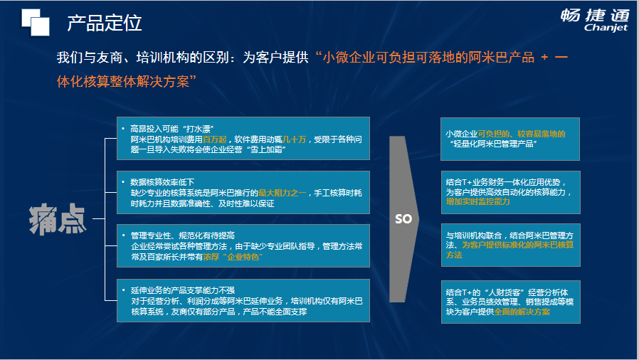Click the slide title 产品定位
click(x=105, y=23)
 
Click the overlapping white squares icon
click(x=36, y=22)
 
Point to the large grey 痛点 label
click(x=58, y=219)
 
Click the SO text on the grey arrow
click(x=403, y=219)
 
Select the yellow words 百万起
click(x=214, y=139)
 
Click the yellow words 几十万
click(x=294, y=139)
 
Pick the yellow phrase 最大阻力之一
click(x=282, y=193)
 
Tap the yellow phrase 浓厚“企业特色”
click(x=233, y=257)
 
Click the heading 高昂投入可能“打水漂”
click(x=172, y=129)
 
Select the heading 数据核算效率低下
click(x=162, y=182)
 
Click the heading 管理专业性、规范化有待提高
click(x=183, y=235)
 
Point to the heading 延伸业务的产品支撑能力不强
click(x=183, y=290)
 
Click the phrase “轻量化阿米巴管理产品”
click(x=493, y=144)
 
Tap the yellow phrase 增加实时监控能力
click(x=477, y=201)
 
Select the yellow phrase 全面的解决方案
click(x=522, y=312)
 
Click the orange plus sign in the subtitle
click(x=544, y=57)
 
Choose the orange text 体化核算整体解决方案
click(x=123, y=81)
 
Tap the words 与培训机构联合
click(x=473, y=235)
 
